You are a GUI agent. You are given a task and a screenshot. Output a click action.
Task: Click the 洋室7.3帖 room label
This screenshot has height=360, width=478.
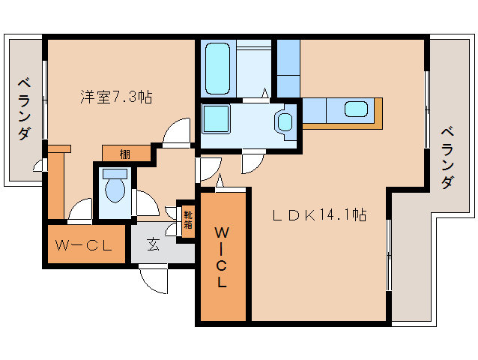click(116, 97)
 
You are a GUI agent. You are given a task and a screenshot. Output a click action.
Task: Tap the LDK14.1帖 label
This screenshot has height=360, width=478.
click(319, 215)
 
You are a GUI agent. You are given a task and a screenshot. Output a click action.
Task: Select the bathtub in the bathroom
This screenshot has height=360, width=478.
click(218, 68)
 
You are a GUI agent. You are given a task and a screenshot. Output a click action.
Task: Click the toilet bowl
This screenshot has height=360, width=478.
click(115, 190)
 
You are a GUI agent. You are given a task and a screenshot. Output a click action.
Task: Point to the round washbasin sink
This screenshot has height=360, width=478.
click(285, 121)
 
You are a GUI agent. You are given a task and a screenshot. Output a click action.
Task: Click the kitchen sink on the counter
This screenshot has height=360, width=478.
click(356, 109)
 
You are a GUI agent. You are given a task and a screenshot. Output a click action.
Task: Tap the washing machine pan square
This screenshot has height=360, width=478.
click(216, 119)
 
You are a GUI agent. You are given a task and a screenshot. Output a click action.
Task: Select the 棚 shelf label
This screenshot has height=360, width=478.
click(124, 154)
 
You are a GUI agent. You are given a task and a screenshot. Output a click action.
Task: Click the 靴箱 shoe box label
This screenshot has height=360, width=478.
click(188, 220)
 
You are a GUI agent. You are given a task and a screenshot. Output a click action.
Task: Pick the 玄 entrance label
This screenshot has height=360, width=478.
click(154, 244)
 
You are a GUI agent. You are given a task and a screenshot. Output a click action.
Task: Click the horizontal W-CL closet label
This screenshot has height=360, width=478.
click(83, 245)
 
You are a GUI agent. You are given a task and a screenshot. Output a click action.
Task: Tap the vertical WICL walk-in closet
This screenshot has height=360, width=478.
click(222, 258)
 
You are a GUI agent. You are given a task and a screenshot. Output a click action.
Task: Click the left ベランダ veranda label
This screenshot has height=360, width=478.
click(25, 109)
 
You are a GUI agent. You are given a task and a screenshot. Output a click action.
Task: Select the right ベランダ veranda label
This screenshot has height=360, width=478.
click(447, 157)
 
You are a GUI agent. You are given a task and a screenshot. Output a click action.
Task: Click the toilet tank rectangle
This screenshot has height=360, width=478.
click(115, 174)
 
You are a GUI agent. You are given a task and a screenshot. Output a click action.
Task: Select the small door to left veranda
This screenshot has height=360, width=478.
click(38, 165)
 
